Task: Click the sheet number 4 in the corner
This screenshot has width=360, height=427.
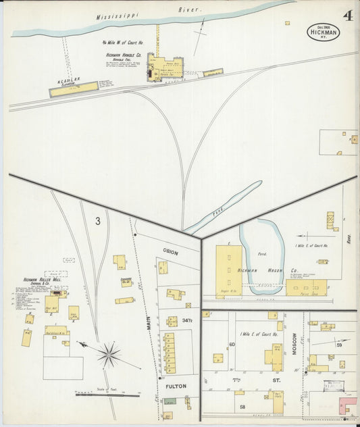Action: (346, 15)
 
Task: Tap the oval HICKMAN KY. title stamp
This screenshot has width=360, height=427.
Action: (323, 31)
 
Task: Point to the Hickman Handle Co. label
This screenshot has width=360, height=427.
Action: (123, 55)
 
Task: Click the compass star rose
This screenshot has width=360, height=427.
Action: (108, 353)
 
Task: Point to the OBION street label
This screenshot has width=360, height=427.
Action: (170, 251)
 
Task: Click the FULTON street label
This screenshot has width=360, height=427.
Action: (173, 386)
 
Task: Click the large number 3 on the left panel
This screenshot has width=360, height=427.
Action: (98, 220)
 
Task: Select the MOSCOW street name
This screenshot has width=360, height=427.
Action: (294, 345)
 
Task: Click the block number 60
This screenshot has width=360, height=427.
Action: (231, 345)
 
